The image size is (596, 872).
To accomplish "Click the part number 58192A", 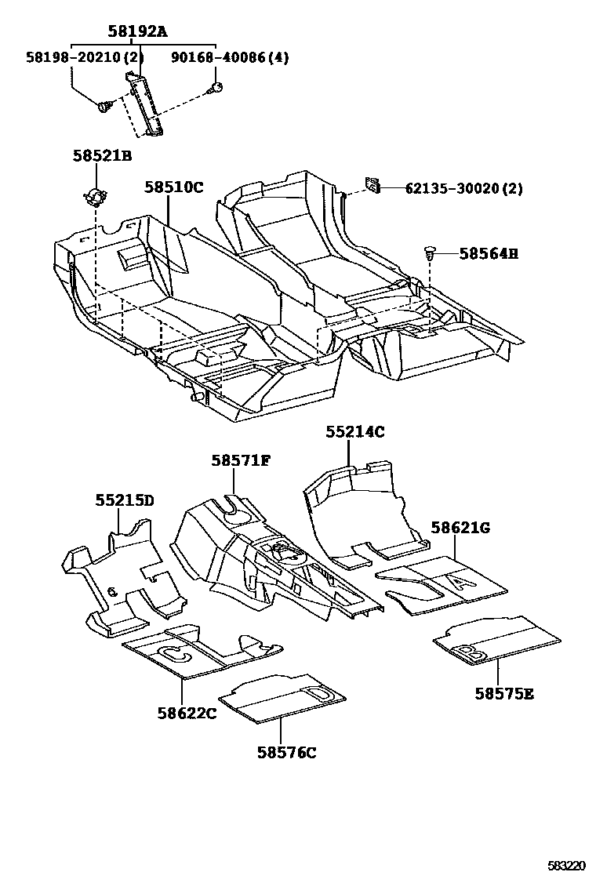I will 137,32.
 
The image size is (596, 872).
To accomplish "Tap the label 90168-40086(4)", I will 223,57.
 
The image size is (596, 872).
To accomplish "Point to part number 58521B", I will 102,156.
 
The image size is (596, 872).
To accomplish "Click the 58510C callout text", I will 173,187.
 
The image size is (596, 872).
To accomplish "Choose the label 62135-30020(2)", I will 463,188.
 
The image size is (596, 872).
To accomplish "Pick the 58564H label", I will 489,253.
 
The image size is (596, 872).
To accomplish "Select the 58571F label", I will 240,460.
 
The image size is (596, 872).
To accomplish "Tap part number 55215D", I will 125,500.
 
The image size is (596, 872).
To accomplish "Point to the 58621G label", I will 460,528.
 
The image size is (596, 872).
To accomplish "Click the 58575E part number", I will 504,693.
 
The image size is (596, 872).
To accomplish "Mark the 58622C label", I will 186,713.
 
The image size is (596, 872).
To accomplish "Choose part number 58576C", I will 286,753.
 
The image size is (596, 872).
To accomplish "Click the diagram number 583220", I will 566,865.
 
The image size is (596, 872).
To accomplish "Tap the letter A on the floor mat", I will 460,581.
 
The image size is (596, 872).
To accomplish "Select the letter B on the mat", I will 465,651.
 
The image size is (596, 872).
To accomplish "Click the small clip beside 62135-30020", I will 372,185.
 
